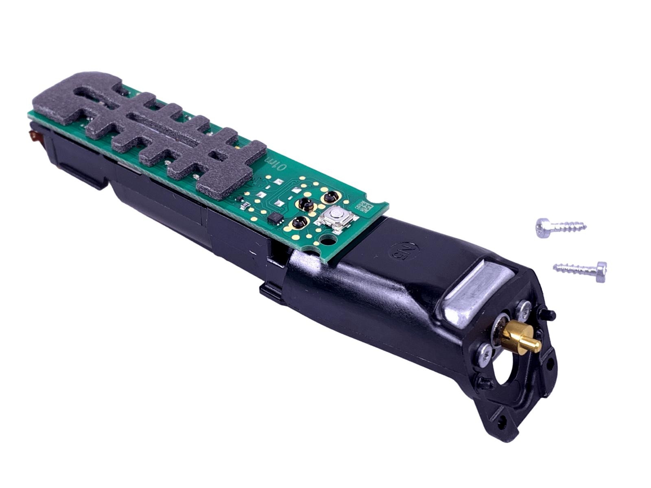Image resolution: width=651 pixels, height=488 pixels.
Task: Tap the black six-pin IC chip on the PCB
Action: point(275,218)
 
